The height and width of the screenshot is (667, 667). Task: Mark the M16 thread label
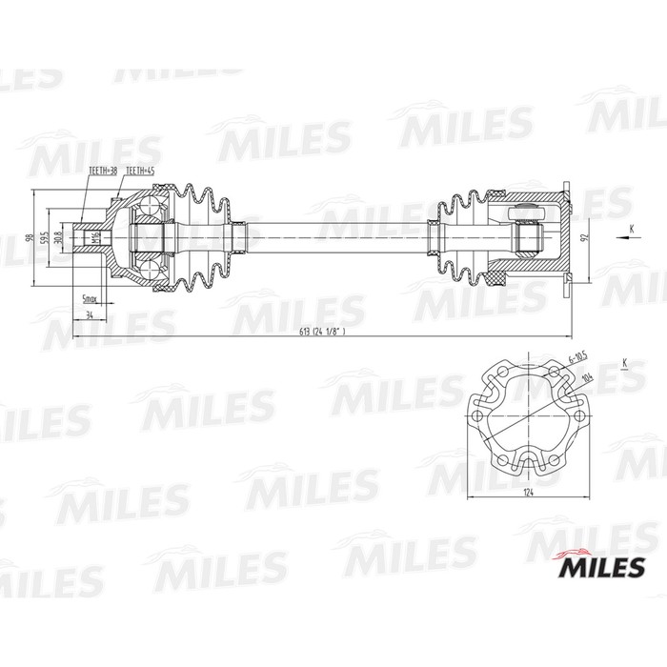click(94, 237)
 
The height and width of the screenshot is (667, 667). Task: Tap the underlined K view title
click(624, 362)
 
